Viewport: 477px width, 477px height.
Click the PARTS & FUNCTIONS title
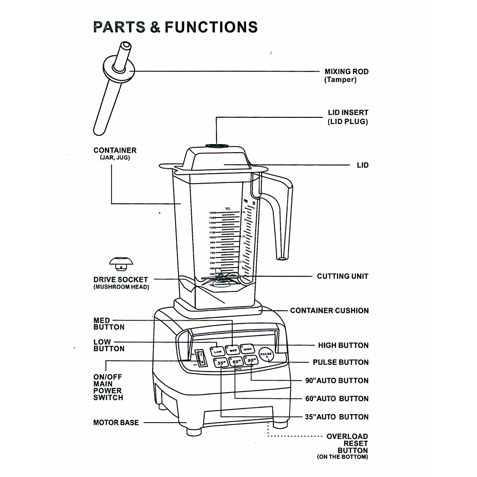[175, 27]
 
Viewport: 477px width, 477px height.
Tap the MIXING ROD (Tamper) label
[346, 76]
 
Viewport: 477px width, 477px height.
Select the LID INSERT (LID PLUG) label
[348, 117]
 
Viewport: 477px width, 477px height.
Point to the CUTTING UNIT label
[342, 276]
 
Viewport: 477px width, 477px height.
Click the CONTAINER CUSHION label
[329, 311]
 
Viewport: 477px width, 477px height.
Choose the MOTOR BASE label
[116, 422]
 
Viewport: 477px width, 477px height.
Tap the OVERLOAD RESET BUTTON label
[347, 446]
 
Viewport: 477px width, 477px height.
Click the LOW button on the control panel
[218, 351]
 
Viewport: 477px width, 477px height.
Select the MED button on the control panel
[233, 350]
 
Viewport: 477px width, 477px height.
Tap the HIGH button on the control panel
[248, 349]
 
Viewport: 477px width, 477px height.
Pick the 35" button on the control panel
[221, 364]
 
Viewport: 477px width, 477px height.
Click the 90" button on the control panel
[252, 361]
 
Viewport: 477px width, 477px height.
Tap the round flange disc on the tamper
[117, 68]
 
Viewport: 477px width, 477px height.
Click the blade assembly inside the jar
[220, 278]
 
